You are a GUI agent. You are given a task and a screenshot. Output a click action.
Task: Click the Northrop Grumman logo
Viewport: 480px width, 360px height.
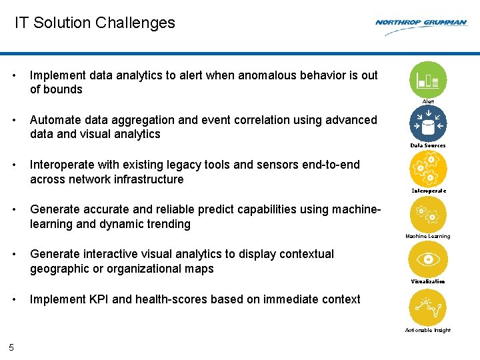click(x=421, y=23)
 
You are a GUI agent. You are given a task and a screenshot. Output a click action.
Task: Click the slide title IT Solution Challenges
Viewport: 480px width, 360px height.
click(x=95, y=23)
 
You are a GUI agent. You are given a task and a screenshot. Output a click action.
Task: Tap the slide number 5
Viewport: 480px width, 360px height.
click(x=11, y=347)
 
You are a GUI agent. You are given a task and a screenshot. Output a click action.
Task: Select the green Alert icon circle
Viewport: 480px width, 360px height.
click(x=428, y=79)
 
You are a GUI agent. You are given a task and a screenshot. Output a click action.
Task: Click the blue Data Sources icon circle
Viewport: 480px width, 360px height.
click(x=428, y=123)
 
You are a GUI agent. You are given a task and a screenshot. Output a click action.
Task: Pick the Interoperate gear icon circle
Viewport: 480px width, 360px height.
click(x=428, y=168)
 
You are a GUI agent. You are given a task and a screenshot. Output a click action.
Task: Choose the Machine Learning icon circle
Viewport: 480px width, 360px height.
click(x=428, y=213)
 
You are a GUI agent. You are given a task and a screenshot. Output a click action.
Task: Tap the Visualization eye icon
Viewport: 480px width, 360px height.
click(x=428, y=259)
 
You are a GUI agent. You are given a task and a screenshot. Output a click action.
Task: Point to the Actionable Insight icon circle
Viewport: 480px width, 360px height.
click(x=428, y=307)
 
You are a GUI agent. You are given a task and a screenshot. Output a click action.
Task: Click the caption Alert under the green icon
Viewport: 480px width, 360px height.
click(x=428, y=101)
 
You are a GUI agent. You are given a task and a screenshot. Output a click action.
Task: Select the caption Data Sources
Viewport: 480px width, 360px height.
click(x=428, y=145)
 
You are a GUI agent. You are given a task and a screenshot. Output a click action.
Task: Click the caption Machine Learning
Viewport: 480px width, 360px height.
click(x=428, y=236)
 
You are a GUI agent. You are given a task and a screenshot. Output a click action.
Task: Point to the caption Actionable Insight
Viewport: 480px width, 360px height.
click(x=428, y=330)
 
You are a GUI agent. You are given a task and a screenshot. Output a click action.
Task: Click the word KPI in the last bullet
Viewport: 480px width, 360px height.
click(x=97, y=299)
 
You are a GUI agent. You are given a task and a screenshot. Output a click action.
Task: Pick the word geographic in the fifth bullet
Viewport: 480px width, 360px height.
click(x=60, y=269)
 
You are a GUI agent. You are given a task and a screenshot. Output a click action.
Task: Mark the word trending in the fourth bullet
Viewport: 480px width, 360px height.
click(x=165, y=224)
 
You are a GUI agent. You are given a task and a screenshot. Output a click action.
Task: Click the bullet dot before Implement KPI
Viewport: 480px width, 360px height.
click(x=15, y=299)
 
